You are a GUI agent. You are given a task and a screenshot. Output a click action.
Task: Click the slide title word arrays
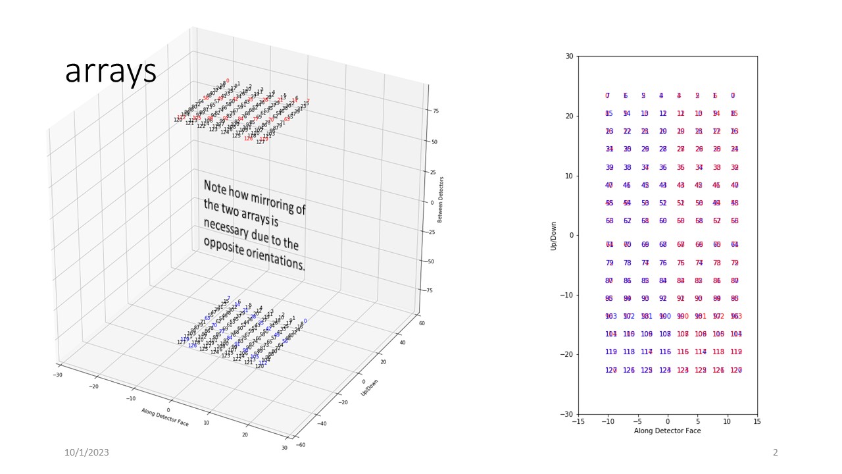tap(111, 71)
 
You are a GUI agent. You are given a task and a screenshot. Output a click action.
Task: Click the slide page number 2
tap(775, 452)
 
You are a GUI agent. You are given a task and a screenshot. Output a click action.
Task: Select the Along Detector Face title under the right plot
tap(667, 431)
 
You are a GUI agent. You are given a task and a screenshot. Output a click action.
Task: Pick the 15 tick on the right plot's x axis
tap(756, 421)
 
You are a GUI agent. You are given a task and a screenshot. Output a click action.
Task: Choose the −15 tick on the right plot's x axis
tap(577, 421)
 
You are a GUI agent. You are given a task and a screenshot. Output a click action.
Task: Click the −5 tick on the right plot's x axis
tap(637, 421)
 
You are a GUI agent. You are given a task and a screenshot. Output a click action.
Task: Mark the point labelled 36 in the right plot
tap(663, 168)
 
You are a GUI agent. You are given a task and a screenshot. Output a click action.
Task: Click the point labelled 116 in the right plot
tap(665, 352)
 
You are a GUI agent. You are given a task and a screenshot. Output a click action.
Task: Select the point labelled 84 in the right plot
tap(663, 281)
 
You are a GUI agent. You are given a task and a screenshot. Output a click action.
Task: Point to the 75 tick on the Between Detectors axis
tap(435, 111)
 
